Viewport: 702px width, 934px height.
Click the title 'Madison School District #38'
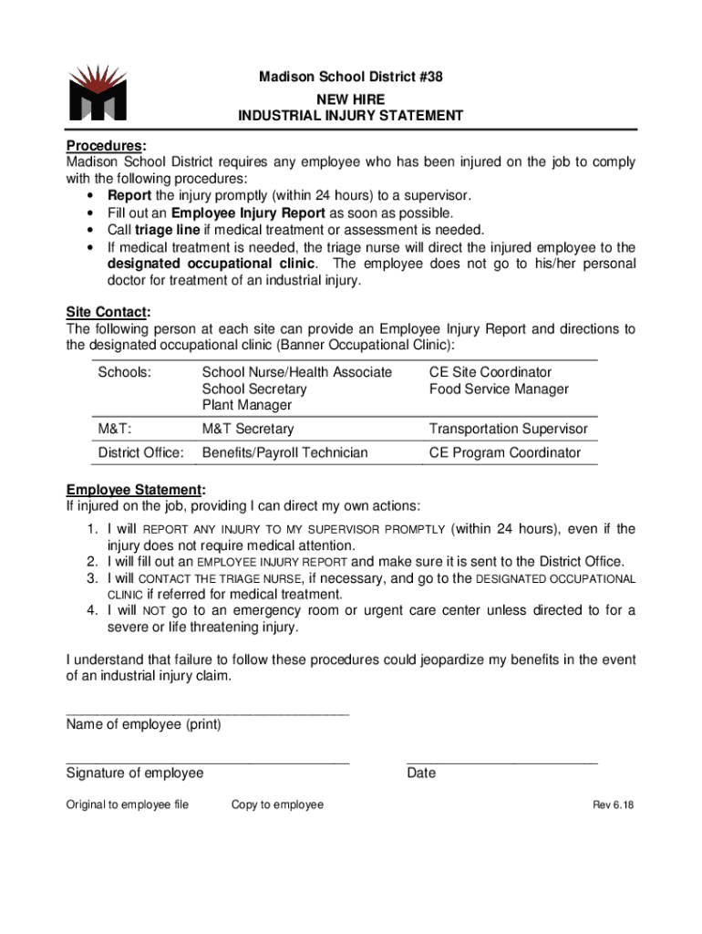350,78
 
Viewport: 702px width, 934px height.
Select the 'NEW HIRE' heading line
350,98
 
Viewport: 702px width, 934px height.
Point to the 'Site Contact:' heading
108,312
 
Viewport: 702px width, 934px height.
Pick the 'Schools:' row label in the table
124,372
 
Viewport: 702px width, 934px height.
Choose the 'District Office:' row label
140,452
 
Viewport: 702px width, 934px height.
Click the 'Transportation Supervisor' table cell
508,429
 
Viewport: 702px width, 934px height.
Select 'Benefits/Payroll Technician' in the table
284,452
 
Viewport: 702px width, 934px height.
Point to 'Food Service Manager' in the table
499,389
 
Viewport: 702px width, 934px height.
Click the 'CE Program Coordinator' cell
504,452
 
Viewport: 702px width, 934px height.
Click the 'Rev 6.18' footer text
613,804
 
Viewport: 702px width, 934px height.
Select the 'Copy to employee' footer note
277,804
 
